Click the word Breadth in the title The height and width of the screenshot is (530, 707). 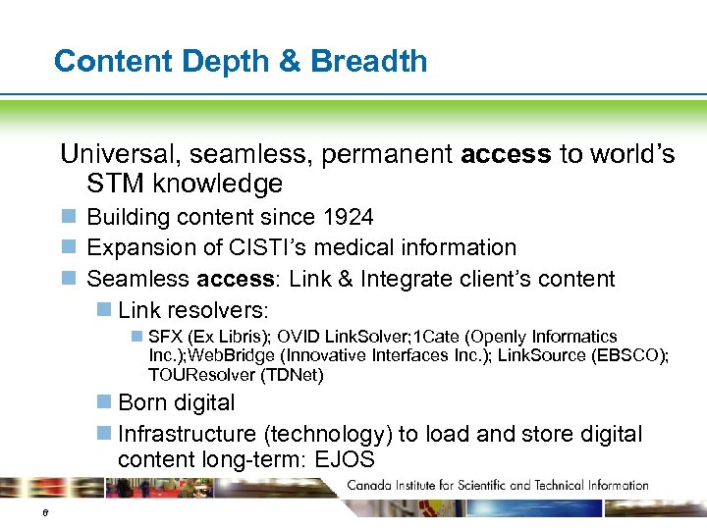369,61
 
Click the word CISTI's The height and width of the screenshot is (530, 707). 271,247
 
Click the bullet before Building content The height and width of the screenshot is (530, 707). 68,217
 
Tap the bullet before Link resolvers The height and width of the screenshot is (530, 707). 103,310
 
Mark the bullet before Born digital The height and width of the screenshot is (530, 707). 103,402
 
